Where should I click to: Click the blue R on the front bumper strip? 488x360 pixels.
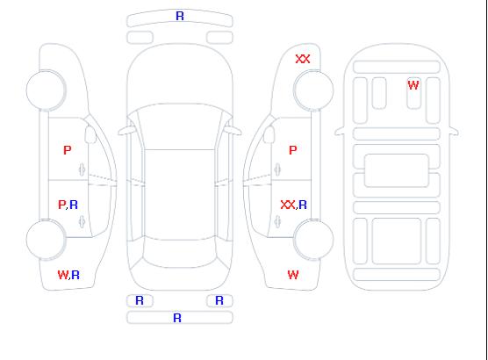point(180,16)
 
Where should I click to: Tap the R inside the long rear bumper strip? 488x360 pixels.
point(177,318)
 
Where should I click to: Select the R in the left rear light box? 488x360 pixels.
point(140,300)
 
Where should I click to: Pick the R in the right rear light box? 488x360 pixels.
point(219,300)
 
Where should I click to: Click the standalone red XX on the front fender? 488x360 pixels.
point(303,59)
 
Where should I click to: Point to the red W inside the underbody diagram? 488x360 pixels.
point(413,85)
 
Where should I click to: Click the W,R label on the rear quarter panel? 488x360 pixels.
point(68,275)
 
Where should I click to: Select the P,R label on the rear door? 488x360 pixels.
point(68,205)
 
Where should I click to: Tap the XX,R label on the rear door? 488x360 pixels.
point(293,205)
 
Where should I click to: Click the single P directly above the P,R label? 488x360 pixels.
point(68,150)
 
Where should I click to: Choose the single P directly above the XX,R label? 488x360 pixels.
point(293,150)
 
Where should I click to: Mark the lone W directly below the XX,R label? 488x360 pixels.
point(293,275)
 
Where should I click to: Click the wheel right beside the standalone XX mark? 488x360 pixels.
point(313,90)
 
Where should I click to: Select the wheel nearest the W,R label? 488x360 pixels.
point(46,240)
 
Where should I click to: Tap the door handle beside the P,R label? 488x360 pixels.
point(83,221)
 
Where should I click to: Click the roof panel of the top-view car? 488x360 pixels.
point(180,195)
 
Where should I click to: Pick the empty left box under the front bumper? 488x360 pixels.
point(140,38)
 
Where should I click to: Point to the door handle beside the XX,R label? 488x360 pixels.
point(277,221)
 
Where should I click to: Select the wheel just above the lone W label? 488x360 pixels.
point(313,240)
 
